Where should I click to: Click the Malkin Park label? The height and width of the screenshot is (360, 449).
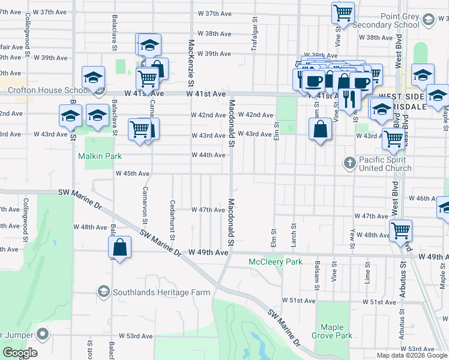(100, 156)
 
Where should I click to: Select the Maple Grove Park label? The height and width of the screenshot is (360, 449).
(336, 332)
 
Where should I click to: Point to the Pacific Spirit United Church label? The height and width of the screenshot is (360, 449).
(384, 164)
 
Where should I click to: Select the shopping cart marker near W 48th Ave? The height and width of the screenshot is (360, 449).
(400, 230)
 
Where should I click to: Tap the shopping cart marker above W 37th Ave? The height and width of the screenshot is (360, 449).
(343, 12)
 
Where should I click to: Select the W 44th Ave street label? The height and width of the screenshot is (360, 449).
(208, 155)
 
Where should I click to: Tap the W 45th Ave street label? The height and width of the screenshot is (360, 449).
(132, 173)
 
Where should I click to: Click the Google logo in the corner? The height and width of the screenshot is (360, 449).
(20, 353)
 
